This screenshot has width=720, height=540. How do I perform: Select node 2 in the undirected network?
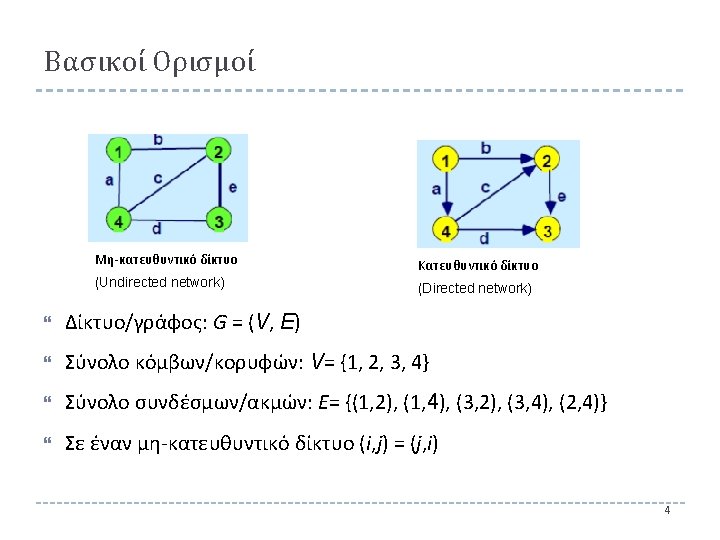[x=218, y=152]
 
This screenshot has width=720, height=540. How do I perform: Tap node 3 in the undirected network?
[x=218, y=220]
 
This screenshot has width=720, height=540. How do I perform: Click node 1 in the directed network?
[x=445, y=160]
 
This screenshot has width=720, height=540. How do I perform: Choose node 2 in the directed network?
[x=546, y=160]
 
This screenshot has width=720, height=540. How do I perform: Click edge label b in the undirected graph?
[x=160, y=140]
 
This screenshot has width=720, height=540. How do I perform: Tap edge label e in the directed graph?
[x=562, y=196]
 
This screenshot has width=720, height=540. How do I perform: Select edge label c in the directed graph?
[x=485, y=187]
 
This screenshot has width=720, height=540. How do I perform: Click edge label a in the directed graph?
[x=436, y=188]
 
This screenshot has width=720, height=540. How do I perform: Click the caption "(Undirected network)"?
[x=159, y=282]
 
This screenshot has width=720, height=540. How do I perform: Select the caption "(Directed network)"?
[x=474, y=288]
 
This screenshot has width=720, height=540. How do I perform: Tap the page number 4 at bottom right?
[x=667, y=511]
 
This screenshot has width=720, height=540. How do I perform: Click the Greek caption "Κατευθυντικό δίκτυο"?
[x=477, y=266]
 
